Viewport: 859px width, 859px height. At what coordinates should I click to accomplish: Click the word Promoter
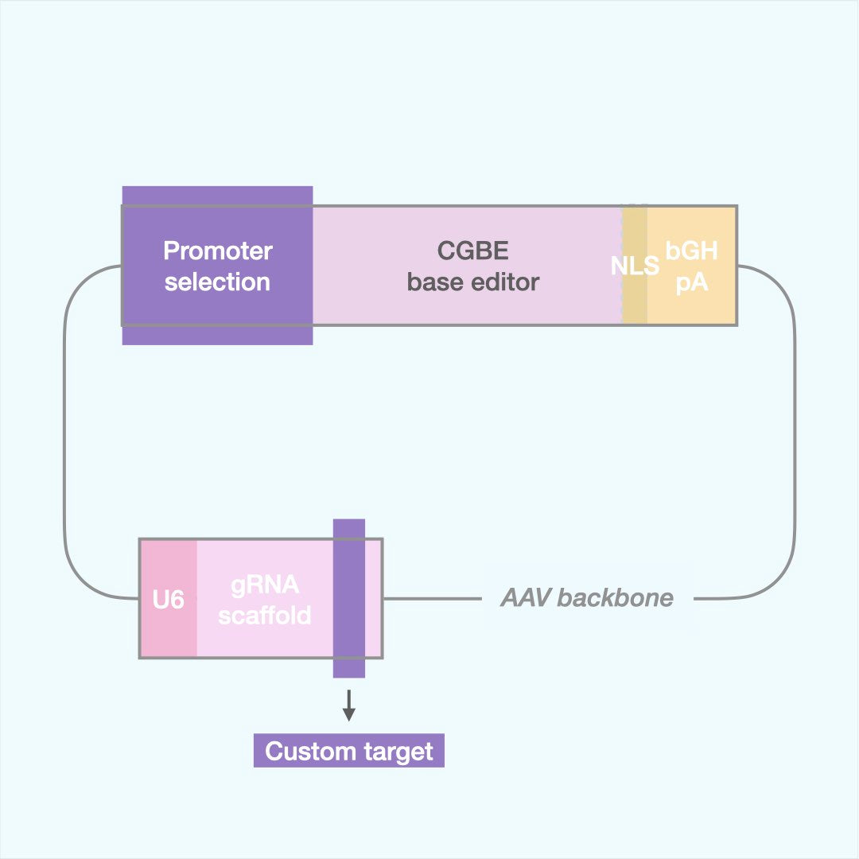pos(217,251)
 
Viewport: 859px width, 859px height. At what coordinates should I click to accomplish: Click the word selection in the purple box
pos(217,282)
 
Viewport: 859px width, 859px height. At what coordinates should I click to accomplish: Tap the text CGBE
pos(472,251)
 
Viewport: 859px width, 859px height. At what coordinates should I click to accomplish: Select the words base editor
pos(472,282)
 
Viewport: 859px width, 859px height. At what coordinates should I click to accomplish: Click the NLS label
pos(635,266)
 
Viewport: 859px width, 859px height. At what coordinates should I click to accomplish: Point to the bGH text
pos(691,251)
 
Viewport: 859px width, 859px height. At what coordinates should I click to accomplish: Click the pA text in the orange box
pos(691,282)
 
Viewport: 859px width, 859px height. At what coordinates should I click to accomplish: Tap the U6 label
pos(168,600)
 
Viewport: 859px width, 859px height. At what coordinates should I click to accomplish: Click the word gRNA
pos(265,585)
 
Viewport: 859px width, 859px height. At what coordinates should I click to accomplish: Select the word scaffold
pos(265,615)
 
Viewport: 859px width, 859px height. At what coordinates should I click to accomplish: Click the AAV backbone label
pos(586,598)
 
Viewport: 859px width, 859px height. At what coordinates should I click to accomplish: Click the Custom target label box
pos(348,751)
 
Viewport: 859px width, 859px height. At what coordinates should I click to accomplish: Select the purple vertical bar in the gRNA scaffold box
pos(348,598)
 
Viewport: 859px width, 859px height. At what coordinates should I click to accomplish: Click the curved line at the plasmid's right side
pos(795,429)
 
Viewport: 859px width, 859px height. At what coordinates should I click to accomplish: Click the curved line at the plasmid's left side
pos(64,429)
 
